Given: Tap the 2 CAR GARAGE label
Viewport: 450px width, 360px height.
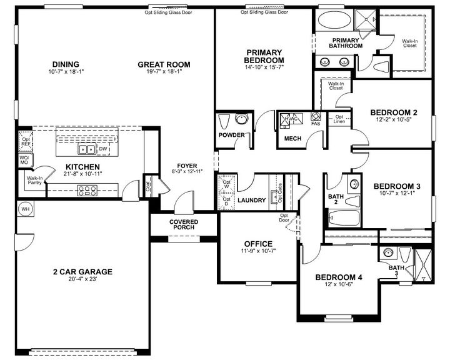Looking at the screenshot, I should point(82,271).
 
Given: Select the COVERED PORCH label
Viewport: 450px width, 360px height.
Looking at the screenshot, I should point(184,225).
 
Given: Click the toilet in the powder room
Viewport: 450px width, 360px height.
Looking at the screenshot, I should point(241,119).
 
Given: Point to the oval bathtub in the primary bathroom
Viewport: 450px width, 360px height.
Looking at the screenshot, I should point(334,20).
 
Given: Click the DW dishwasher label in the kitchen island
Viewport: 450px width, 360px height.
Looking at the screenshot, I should point(103,149).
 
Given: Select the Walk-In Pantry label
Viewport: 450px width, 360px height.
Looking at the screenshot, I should point(34,180).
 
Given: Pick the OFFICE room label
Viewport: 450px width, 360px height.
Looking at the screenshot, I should point(257,244).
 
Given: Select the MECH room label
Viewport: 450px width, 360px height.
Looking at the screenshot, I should point(294,139).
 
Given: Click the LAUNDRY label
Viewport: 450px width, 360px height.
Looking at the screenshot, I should point(252,200).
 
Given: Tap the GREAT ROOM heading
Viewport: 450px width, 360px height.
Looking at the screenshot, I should point(164,64).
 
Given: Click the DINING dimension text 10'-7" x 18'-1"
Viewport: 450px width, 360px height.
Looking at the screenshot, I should point(66,72).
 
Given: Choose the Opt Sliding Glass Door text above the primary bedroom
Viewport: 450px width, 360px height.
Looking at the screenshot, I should point(264,11).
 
